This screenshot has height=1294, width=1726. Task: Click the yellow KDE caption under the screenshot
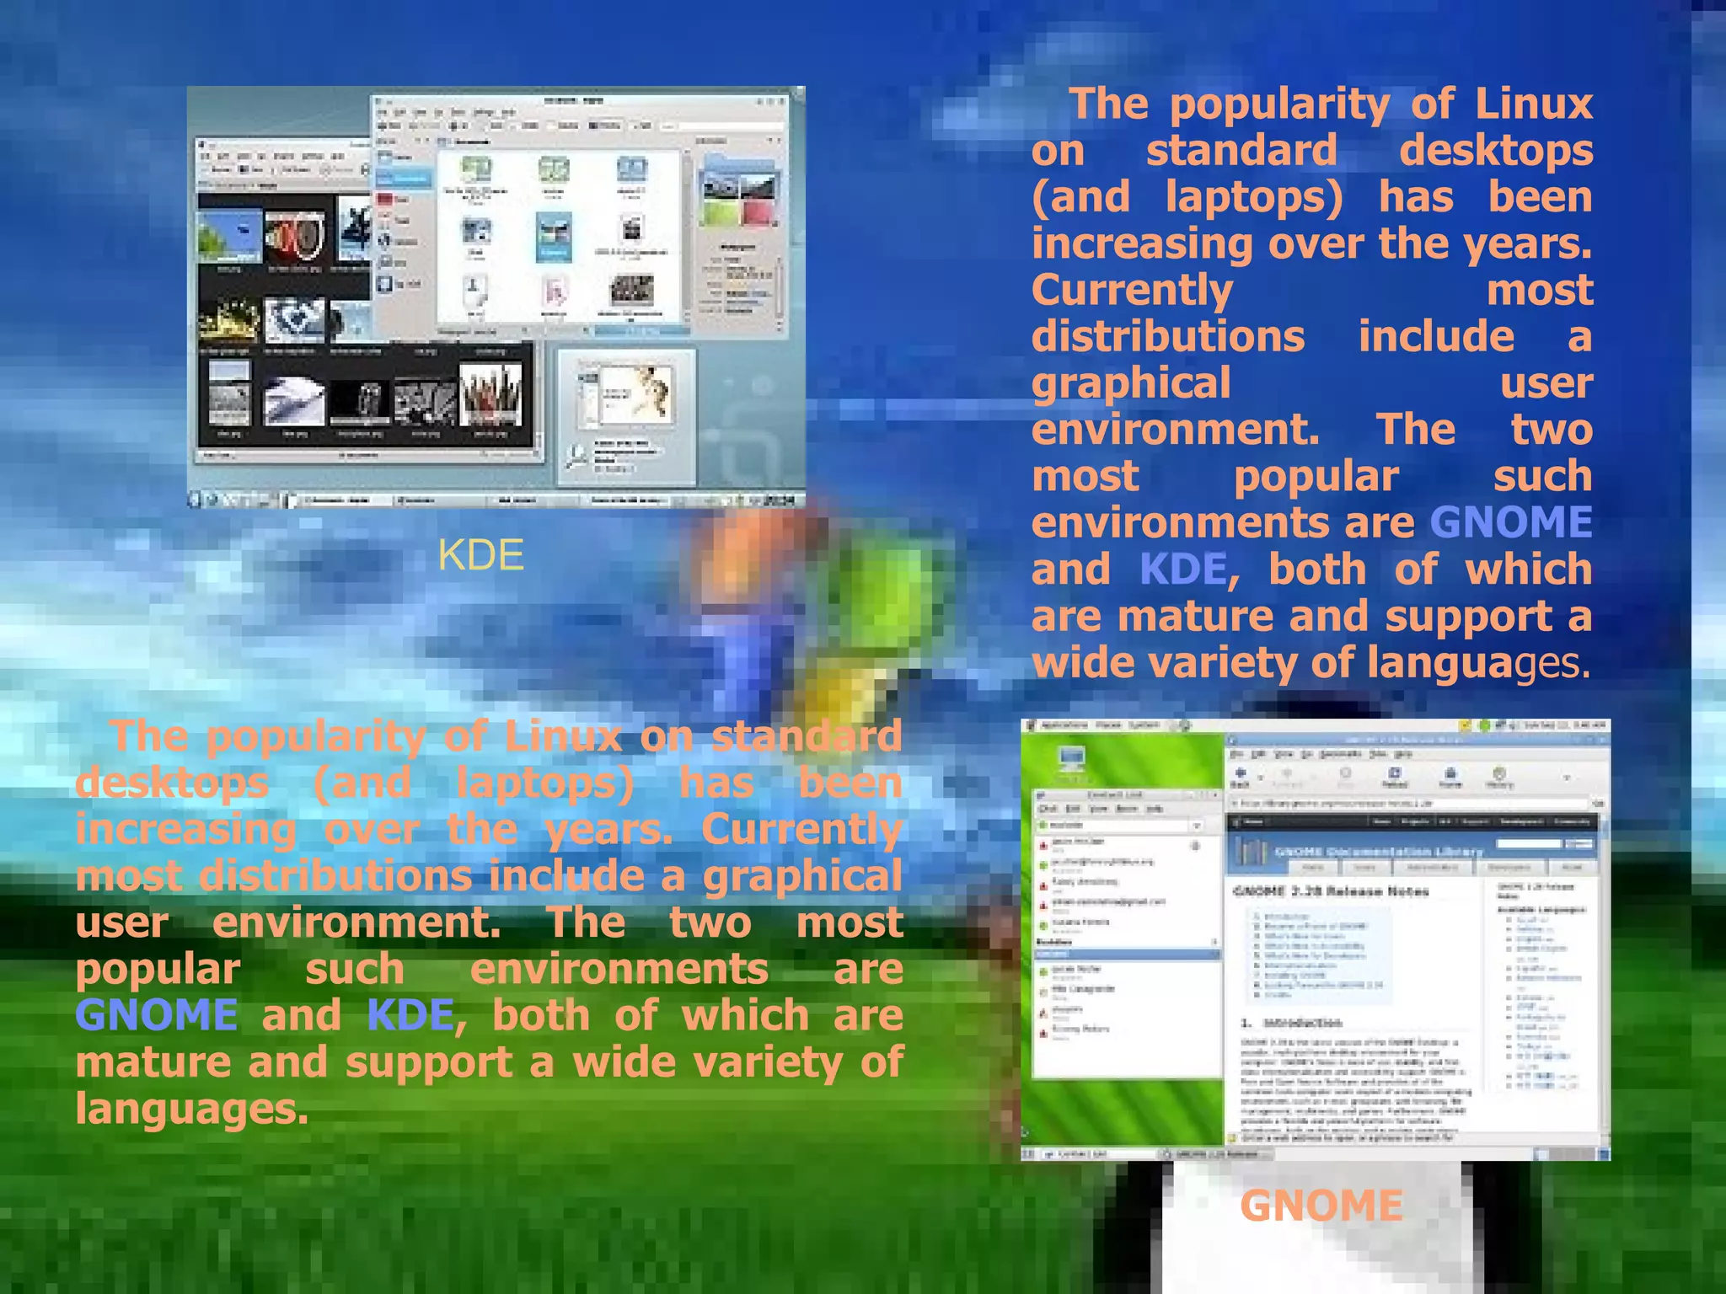(x=480, y=555)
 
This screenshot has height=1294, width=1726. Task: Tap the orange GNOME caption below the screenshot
(x=1321, y=1206)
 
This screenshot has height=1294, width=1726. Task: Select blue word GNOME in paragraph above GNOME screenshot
(x=1510, y=522)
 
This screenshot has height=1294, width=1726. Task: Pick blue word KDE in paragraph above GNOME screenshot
(x=1183, y=569)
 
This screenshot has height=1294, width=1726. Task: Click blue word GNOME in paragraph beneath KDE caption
(x=157, y=1015)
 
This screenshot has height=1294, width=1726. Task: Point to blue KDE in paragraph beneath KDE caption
(x=410, y=1015)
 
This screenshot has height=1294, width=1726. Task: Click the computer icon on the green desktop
(x=1072, y=759)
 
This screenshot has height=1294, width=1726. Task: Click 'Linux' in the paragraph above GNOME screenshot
(x=1533, y=104)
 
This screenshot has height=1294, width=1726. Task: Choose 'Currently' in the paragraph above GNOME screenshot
(x=1132, y=291)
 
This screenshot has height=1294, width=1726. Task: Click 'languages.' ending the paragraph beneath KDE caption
(x=191, y=1109)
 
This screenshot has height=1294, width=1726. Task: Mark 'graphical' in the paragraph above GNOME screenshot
(x=1131, y=383)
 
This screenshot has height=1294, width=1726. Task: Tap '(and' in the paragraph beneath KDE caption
(x=362, y=783)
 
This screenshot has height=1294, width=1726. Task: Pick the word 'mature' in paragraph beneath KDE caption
(x=153, y=1062)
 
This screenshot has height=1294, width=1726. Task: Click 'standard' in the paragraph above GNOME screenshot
(x=1241, y=152)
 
